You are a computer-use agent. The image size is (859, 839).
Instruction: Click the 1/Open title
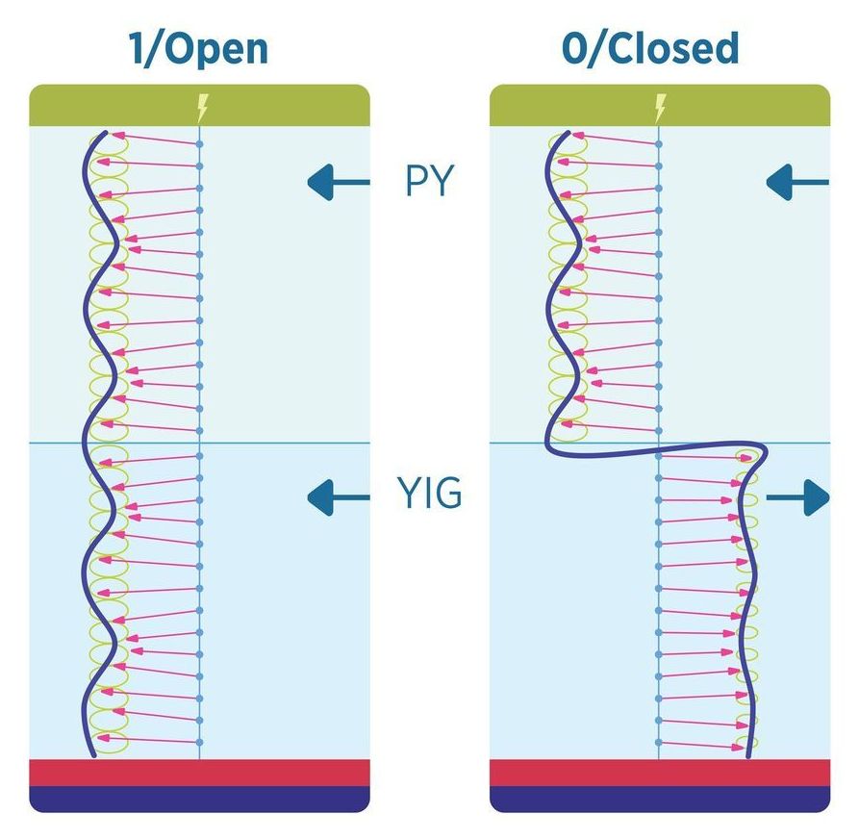pyautogui.click(x=199, y=48)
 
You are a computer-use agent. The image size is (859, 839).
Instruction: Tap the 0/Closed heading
pyautogui.click(x=650, y=48)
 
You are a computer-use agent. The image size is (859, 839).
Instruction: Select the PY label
pyautogui.click(x=428, y=181)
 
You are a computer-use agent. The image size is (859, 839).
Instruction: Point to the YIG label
pyautogui.click(x=429, y=496)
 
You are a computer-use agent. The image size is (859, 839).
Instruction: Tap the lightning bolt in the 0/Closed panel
pyautogui.click(x=660, y=105)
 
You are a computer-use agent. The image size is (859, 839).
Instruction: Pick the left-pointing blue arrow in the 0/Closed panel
pyautogui.click(x=797, y=180)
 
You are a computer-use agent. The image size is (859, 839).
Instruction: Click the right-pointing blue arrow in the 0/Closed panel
pyautogui.click(x=797, y=497)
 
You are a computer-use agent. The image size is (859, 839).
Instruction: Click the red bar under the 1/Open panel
pyautogui.click(x=200, y=773)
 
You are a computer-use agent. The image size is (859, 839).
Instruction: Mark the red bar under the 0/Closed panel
pyautogui.click(x=660, y=773)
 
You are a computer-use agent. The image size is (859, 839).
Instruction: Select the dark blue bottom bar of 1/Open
pyautogui.click(x=200, y=799)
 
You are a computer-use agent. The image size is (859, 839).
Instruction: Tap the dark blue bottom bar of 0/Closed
pyautogui.click(x=660, y=799)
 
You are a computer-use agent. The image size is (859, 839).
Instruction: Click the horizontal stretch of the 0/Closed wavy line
pyautogui.click(x=654, y=448)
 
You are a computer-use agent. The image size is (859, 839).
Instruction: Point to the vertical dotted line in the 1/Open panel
pyautogui.click(x=199, y=385)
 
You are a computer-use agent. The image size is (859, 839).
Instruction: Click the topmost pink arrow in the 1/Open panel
pyautogui.click(x=154, y=139)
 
